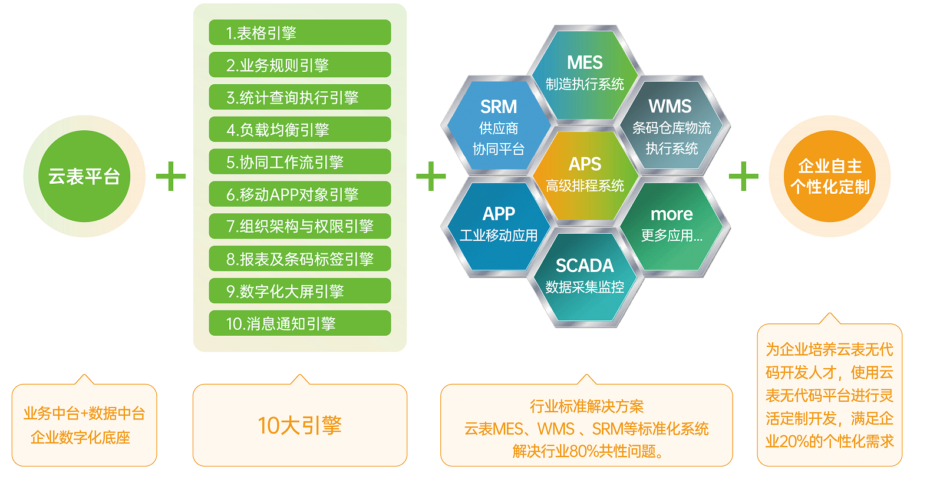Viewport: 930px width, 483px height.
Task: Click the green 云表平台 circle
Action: point(84,176)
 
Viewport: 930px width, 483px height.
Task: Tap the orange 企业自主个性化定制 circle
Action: point(830,176)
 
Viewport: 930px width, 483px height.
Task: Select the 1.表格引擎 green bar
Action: point(300,32)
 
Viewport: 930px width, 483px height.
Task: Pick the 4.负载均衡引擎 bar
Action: point(300,130)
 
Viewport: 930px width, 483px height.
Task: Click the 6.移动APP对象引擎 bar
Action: point(300,194)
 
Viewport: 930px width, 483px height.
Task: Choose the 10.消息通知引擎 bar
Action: point(300,323)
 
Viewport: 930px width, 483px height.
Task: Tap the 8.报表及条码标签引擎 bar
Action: point(300,259)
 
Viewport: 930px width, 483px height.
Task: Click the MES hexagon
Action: point(585,75)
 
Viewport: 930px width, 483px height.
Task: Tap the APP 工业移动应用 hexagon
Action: point(498,227)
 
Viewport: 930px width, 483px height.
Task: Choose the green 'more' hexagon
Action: point(671,227)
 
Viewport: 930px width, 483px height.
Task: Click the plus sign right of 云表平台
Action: point(171,176)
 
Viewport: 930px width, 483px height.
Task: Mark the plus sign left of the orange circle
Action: point(744,176)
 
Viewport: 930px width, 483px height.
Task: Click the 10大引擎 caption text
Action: point(300,426)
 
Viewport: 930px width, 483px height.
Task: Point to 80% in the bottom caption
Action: point(584,451)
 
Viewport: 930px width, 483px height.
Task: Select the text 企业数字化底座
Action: point(81,438)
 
